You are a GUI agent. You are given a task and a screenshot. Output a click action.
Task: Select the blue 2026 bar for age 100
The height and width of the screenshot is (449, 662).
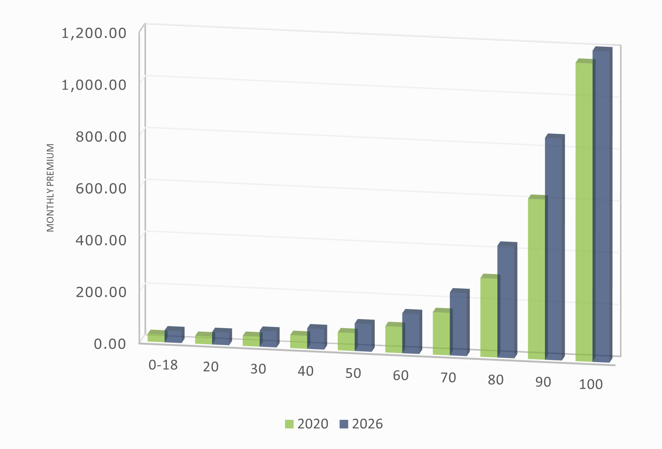pos(601,206)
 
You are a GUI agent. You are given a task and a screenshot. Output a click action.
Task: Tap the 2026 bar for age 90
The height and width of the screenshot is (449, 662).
pos(554,249)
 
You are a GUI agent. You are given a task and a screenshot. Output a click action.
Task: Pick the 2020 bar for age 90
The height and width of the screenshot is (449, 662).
pos(536,279)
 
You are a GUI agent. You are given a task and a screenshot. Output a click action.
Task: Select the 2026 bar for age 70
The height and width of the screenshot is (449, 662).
pos(459,324)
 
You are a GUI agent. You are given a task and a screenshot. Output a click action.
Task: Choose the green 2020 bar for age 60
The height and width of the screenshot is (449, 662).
pos(394,339)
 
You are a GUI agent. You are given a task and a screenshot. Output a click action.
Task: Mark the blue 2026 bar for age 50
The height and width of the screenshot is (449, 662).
pos(364,337)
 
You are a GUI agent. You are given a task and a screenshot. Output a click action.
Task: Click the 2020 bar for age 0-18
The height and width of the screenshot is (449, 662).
pos(156,338)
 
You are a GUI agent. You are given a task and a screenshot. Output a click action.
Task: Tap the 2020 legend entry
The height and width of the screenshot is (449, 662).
pos(307,424)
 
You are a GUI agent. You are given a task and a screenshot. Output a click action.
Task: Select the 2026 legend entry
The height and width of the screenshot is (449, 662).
pos(361,424)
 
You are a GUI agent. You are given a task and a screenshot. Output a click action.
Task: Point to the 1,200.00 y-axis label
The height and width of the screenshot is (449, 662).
pos(94,33)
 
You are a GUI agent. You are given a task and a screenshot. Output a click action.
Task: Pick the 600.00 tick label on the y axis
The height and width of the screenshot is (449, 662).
pos(101,188)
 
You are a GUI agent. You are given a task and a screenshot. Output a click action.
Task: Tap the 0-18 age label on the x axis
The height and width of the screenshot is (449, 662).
pos(163,365)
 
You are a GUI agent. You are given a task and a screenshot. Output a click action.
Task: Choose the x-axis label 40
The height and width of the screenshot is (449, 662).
pos(306,371)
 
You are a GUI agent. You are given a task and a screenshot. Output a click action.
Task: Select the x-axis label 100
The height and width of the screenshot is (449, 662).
pos(591,384)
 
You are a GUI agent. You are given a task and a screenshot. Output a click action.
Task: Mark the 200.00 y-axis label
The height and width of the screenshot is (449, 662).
pos(101,292)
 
